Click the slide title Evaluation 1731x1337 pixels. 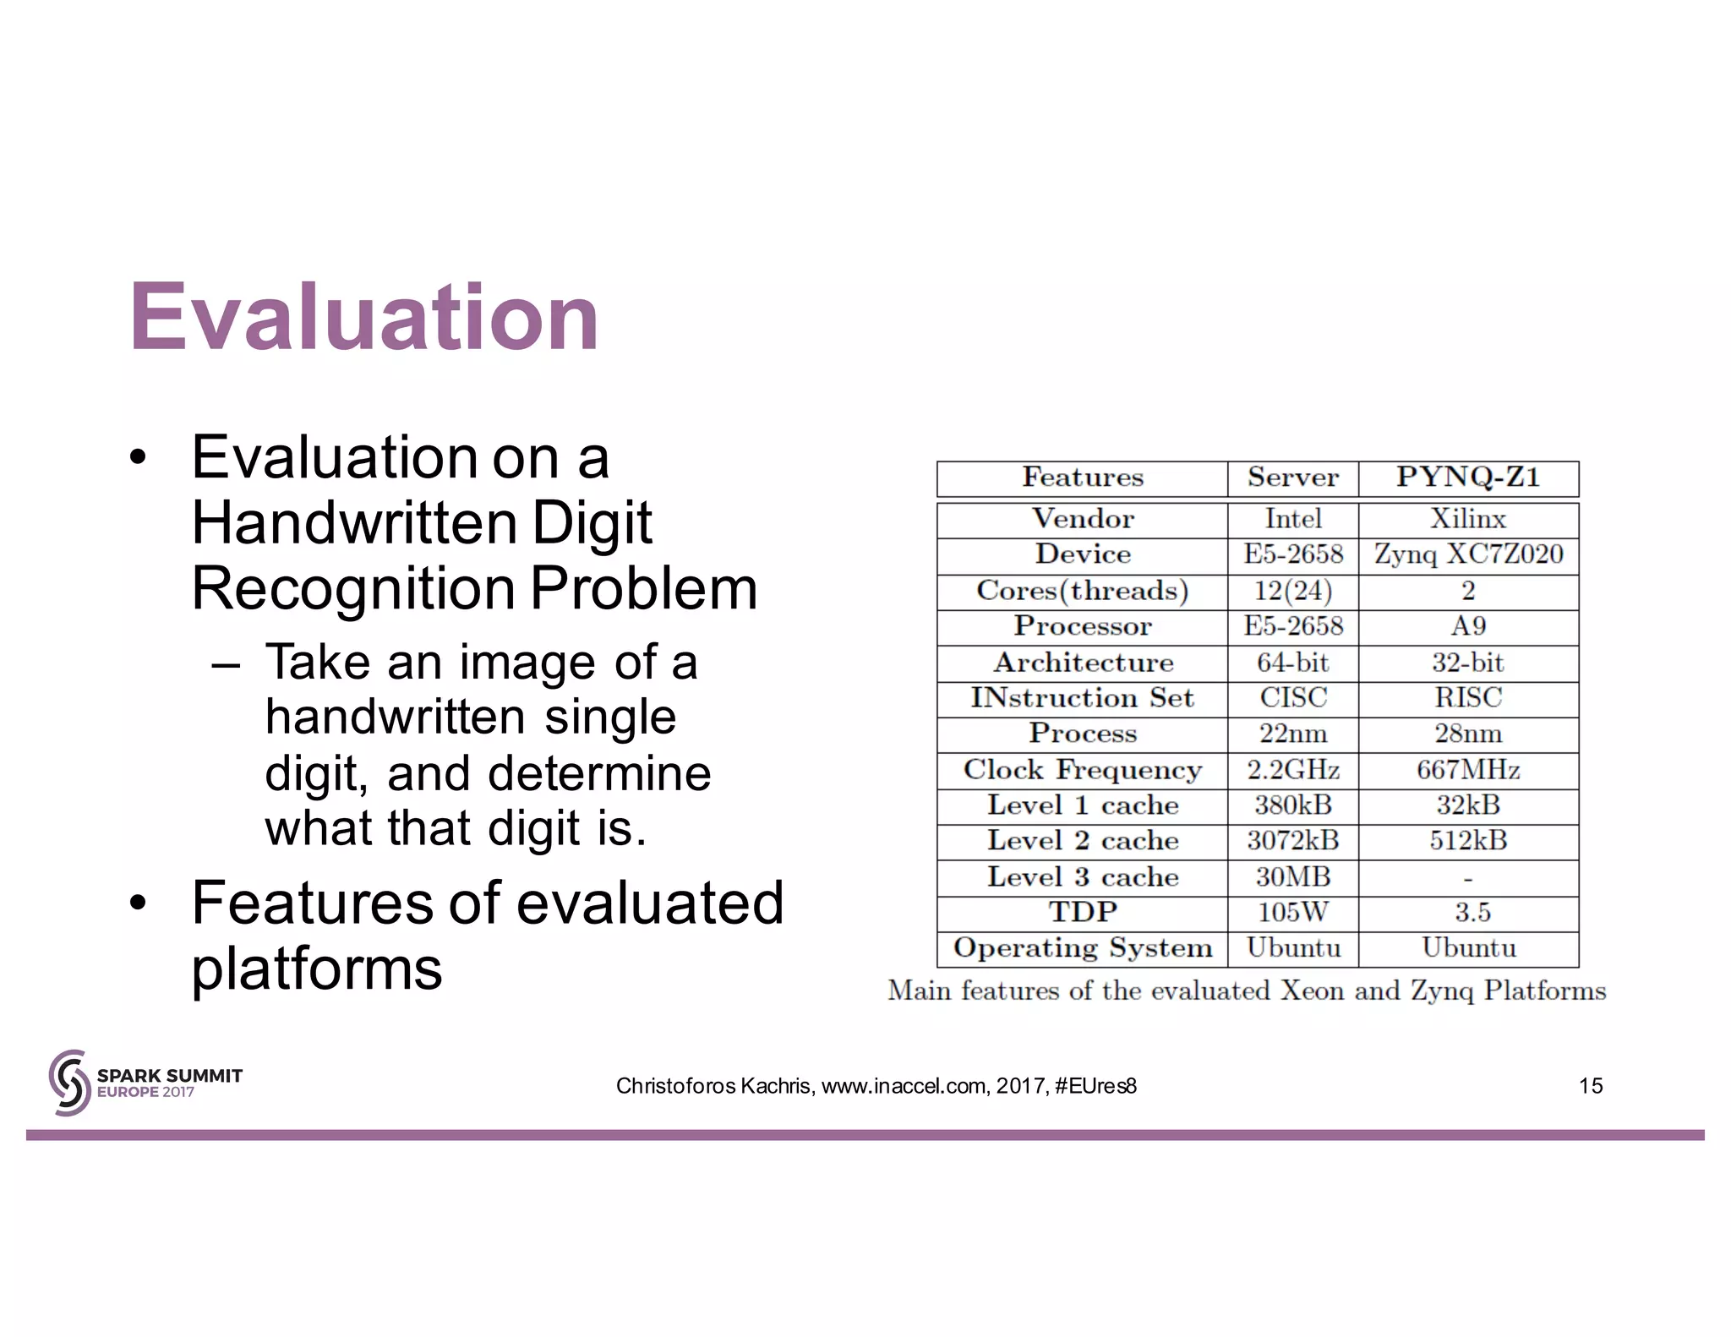364,318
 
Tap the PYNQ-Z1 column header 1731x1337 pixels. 1468,477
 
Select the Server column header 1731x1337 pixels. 1292,477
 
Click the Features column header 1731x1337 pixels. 1082,477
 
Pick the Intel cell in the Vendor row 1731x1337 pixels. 1292,519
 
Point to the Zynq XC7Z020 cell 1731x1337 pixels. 1468,554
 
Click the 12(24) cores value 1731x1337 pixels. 1292,591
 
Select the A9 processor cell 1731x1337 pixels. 1468,626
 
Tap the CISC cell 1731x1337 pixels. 1292,698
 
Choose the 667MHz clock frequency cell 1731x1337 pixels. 1468,770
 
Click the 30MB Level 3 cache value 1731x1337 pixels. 1292,877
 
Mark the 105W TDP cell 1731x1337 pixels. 1292,913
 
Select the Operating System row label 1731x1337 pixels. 1082,948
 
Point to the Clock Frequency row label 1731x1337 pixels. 1082,770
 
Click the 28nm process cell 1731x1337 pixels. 1468,734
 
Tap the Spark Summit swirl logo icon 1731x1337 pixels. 69,1083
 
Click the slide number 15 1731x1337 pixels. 1590,1086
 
